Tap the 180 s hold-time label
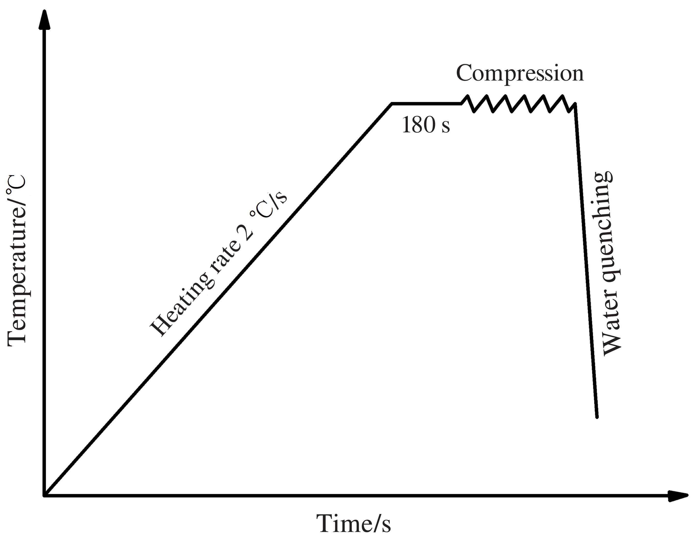(x=426, y=125)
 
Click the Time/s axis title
(x=353, y=523)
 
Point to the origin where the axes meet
(x=45, y=495)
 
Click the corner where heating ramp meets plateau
(x=392, y=104)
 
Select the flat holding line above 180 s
(x=426, y=104)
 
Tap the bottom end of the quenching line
(x=597, y=417)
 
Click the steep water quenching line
(x=586, y=260)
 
